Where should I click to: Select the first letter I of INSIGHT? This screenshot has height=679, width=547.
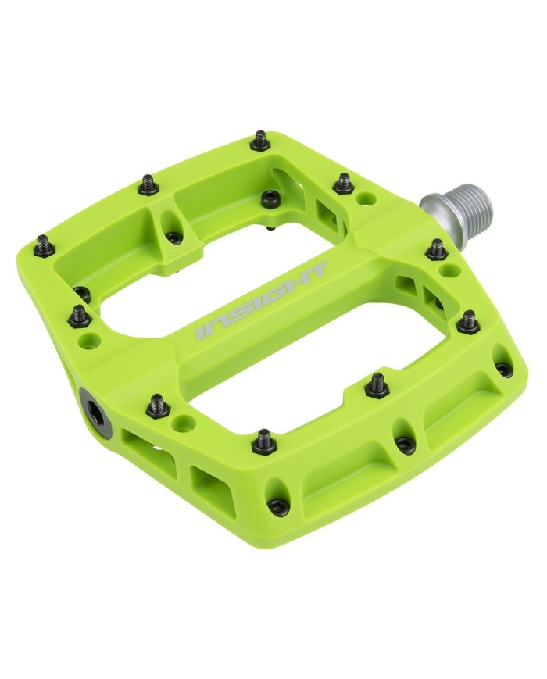[x=200, y=334]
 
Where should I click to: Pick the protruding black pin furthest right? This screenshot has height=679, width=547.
[x=469, y=319]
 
